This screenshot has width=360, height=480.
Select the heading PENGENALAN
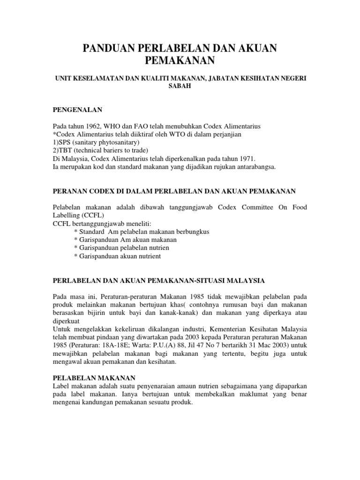(77, 110)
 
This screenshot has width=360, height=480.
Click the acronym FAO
(134, 127)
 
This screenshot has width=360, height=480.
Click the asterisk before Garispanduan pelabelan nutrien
(76, 247)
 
